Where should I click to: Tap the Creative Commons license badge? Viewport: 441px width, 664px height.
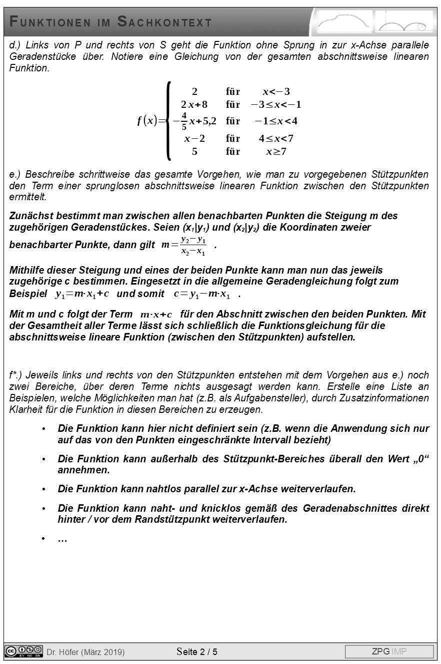[x=23, y=651]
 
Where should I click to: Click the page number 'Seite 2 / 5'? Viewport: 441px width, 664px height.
[x=197, y=652]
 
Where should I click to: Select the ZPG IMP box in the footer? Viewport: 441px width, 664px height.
[x=389, y=652]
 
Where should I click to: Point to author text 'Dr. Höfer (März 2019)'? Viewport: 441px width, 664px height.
[x=85, y=652]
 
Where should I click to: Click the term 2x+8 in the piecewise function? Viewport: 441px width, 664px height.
[x=194, y=105]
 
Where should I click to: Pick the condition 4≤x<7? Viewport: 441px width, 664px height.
[x=276, y=138]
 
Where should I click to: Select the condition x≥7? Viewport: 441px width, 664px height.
[x=276, y=151]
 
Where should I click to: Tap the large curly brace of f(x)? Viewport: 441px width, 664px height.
[x=169, y=121]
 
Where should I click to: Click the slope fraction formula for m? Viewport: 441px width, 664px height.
[x=184, y=245]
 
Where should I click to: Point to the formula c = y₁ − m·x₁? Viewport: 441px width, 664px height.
[x=202, y=294]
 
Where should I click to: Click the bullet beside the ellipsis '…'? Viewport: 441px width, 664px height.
[x=44, y=539]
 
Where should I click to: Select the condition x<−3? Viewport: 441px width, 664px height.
[x=276, y=91]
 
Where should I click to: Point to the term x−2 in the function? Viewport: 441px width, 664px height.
[x=194, y=138]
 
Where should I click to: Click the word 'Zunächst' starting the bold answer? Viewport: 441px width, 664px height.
[x=29, y=216]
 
